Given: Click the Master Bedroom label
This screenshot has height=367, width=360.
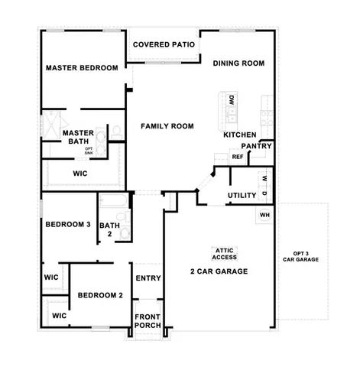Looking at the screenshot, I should pyautogui.click(x=82, y=68).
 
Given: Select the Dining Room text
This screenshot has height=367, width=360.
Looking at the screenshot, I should pyautogui.click(x=238, y=63).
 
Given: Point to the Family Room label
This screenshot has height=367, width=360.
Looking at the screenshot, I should pyautogui.click(x=167, y=126).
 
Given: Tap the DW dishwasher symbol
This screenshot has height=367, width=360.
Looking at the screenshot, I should pyautogui.click(x=230, y=99).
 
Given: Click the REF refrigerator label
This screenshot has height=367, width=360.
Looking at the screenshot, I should pyautogui.click(x=238, y=157).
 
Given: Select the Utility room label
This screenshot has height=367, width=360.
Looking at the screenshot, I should pyautogui.click(x=242, y=196).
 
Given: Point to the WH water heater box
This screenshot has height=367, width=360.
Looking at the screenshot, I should pyautogui.click(x=264, y=214).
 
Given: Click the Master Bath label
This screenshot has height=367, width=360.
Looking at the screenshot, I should pyautogui.click(x=78, y=137).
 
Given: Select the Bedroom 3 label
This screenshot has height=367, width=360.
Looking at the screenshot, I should pyautogui.click(x=68, y=225).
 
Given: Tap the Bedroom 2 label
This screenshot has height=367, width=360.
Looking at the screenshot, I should pyautogui.click(x=100, y=295).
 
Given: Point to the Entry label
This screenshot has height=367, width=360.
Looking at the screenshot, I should pyautogui.click(x=148, y=278).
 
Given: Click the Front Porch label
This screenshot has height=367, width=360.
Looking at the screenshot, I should pyautogui.click(x=148, y=321).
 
